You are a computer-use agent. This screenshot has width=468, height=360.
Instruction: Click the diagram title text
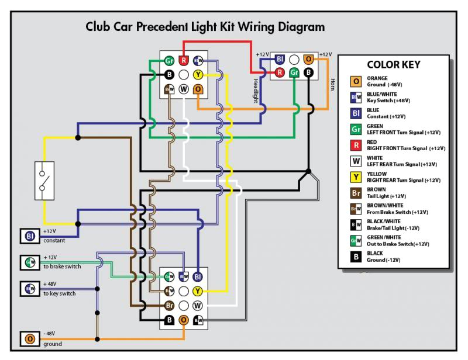point(205,27)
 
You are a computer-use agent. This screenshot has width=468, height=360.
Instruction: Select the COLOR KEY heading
point(394,65)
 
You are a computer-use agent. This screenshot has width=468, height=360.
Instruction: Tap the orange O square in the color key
point(355,82)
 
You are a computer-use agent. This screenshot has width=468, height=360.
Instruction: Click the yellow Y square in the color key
point(355,177)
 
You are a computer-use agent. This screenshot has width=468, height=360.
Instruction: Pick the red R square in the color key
point(355,146)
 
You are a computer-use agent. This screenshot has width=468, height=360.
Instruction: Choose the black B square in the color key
point(355,256)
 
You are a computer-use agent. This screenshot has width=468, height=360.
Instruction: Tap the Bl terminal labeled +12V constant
point(29,236)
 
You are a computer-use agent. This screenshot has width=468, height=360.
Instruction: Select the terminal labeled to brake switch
point(29,262)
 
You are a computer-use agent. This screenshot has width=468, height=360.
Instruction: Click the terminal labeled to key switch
point(29,288)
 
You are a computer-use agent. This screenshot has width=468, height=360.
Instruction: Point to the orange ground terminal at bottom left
point(29,339)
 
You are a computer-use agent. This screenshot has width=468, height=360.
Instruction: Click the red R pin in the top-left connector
point(184,60)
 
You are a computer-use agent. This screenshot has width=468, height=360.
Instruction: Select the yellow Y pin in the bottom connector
point(198,290)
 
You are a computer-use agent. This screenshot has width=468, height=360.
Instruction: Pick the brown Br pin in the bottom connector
point(170,305)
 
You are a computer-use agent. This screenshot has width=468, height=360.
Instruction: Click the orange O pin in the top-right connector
point(309,59)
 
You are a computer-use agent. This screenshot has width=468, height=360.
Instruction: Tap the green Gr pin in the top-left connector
point(169,60)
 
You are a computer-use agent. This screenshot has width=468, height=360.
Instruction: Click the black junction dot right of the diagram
point(309,171)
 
